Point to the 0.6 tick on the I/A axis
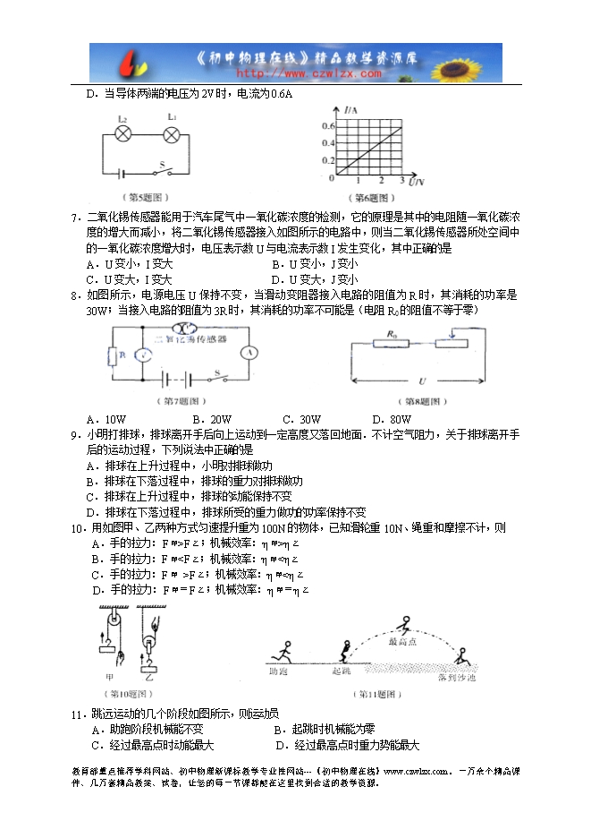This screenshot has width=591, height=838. (327, 126)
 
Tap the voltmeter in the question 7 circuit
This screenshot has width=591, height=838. (140, 355)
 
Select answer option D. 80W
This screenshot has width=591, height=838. (389, 419)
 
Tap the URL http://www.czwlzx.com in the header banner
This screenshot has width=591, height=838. (295, 72)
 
